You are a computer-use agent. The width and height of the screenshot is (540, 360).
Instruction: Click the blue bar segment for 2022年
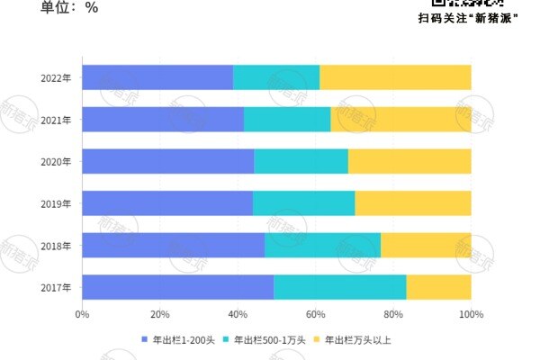157,77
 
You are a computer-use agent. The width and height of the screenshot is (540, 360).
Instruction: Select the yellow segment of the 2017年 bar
438,287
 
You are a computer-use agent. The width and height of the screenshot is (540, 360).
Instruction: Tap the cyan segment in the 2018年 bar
322,245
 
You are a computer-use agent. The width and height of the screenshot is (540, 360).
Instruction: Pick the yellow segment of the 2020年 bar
409,161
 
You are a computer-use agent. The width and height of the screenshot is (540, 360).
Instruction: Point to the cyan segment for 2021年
287,119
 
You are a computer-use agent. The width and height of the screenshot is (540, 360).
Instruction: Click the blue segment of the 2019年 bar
167,203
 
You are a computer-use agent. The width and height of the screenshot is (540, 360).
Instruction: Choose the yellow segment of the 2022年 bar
395,77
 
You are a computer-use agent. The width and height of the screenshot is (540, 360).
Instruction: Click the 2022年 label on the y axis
57,77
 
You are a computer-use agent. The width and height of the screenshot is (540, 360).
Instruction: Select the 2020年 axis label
57,161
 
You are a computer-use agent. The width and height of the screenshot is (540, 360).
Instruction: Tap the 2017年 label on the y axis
57,287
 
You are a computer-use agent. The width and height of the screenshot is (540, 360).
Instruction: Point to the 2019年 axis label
57,203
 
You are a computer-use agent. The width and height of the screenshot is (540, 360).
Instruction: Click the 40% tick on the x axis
238,315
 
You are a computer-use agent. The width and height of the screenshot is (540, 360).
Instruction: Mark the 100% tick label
471,315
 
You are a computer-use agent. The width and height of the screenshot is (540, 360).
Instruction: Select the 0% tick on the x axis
82,315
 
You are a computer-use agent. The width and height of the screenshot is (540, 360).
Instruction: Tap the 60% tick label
315,315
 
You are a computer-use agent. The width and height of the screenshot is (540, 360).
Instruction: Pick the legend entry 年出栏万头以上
357,340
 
